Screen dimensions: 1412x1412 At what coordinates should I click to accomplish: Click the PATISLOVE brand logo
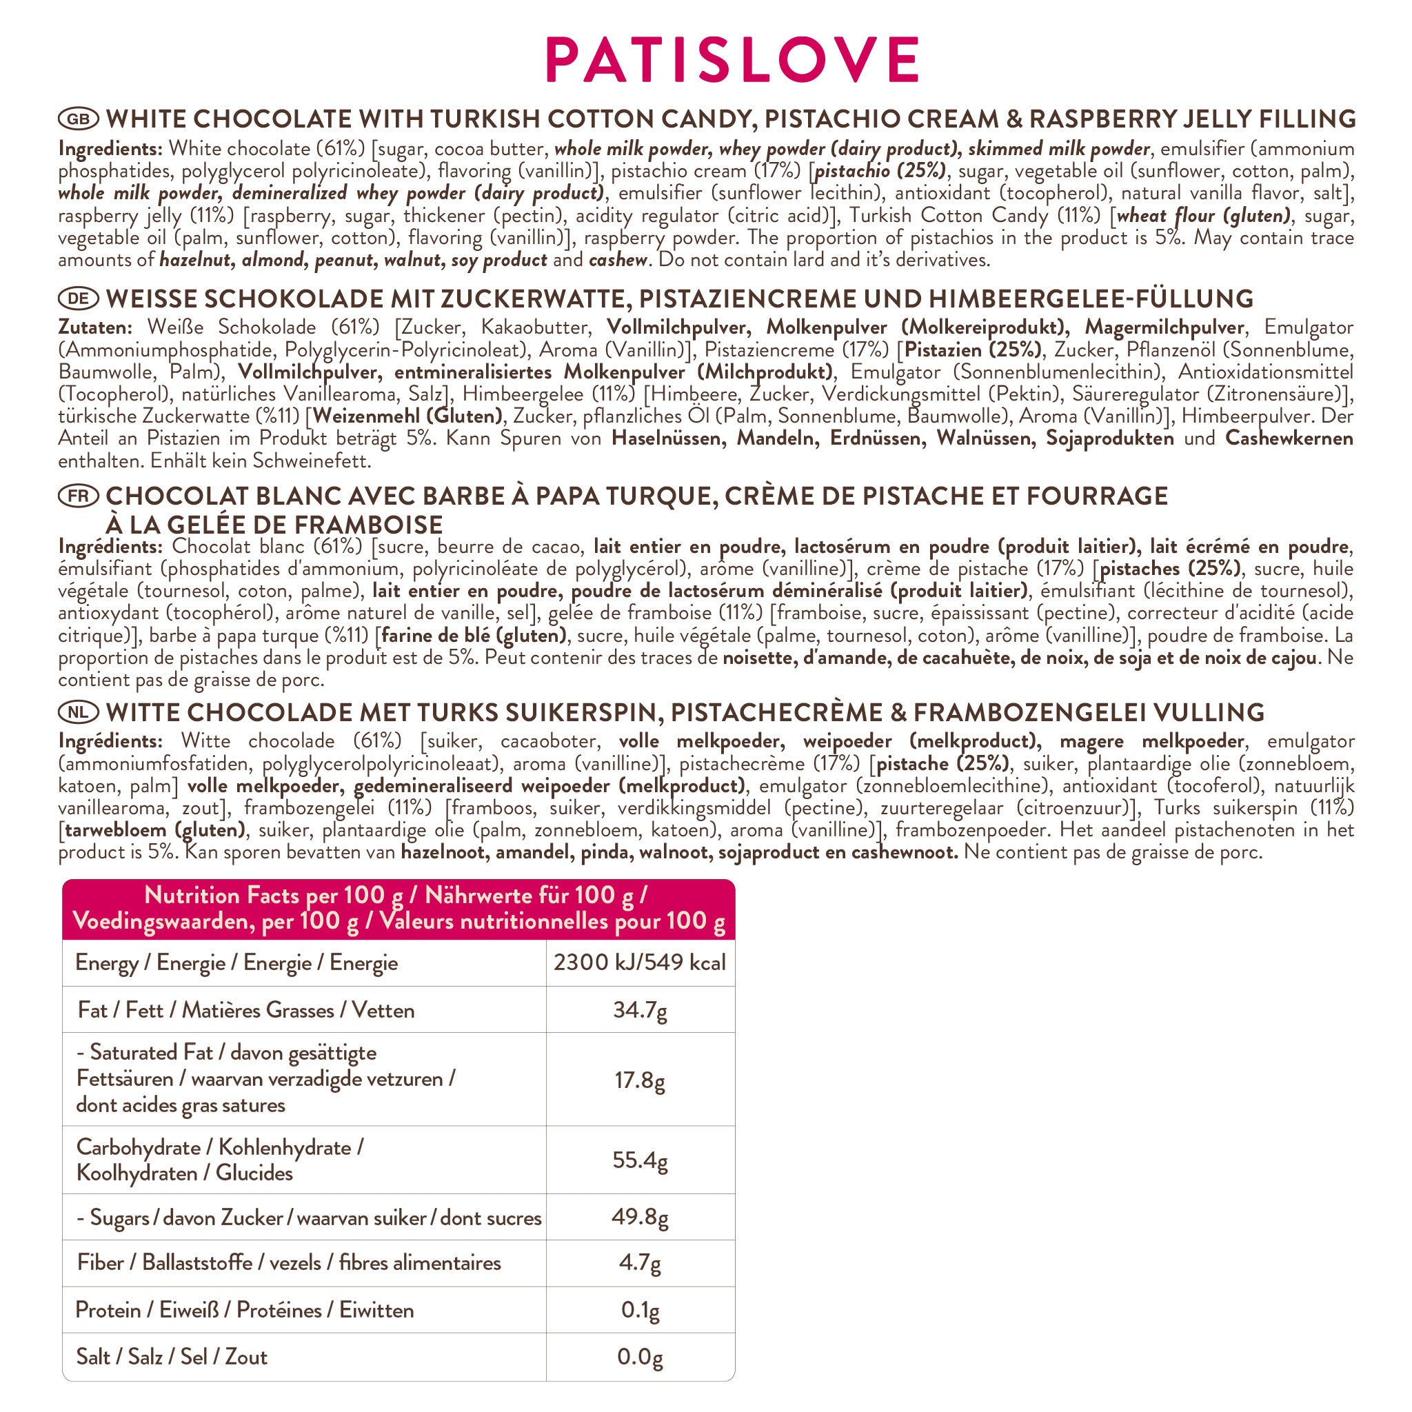(732, 60)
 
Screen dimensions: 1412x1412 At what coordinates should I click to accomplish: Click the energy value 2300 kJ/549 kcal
(640, 962)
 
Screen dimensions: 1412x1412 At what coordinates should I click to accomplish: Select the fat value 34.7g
(640, 1010)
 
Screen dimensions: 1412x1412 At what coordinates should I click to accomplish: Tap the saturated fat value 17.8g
(640, 1080)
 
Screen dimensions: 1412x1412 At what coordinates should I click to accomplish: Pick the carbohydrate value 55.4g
(640, 1160)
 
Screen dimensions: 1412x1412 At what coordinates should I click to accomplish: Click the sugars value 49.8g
(640, 1218)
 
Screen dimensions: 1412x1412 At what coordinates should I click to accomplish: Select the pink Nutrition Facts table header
(399, 909)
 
